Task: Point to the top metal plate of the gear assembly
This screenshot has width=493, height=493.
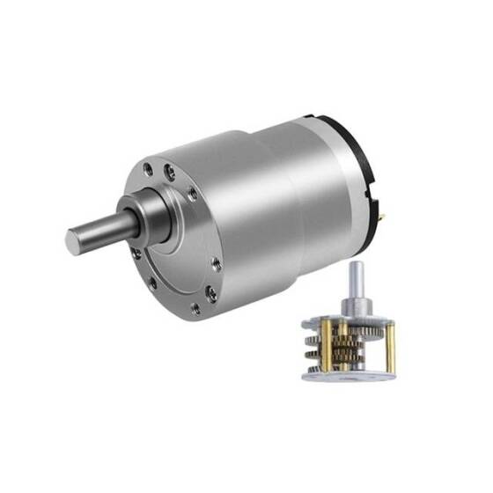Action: point(352,313)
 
